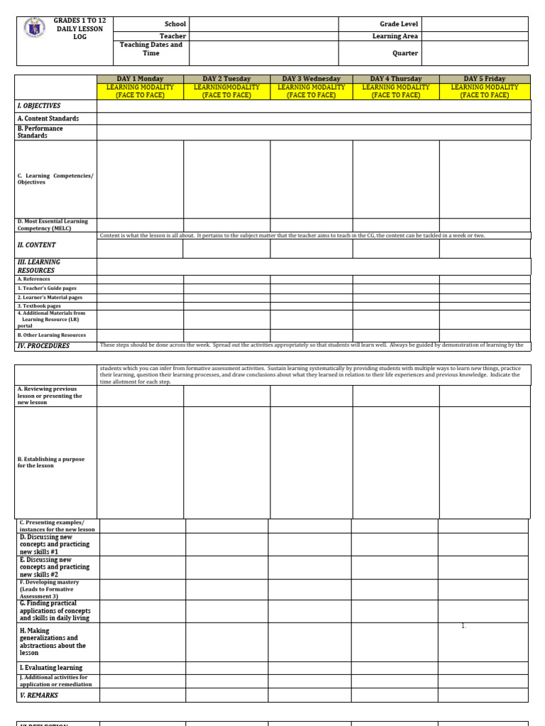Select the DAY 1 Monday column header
[141, 79]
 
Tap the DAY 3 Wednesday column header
[312, 79]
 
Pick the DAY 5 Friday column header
[485, 79]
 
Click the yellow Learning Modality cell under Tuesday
[226, 91]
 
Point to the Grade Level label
[399, 24]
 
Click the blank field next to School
[263, 24]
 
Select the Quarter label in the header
[405, 53]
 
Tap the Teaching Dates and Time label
[152, 49]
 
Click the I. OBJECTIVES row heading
[39, 106]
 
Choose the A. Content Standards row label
[48, 118]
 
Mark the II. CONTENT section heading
[36, 245]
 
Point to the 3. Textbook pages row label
[40, 306]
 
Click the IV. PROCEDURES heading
[43, 346]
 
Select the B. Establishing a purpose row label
[51, 462]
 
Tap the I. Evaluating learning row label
[51, 668]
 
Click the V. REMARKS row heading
[39, 696]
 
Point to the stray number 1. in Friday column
[463, 626]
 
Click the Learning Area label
[395, 36]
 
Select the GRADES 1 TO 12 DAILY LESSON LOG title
[79, 29]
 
